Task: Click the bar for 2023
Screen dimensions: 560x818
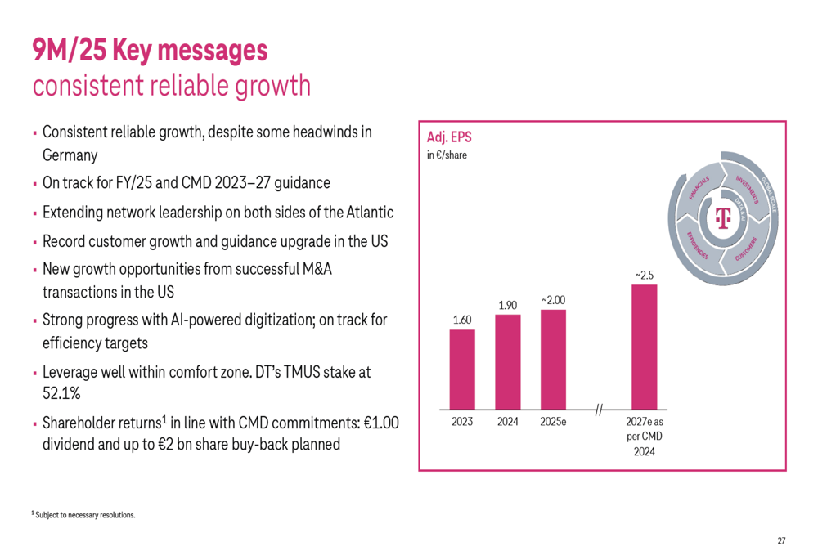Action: [x=462, y=369]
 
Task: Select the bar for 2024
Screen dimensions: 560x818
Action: [x=508, y=361]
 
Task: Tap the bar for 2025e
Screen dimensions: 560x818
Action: [x=553, y=359]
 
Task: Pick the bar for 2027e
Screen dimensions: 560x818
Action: [x=644, y=347]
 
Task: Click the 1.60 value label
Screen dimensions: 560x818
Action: [x=462, y=320]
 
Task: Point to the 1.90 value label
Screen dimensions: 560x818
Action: [x=508, y=305]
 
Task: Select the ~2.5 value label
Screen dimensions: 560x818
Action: [x=644, y=276]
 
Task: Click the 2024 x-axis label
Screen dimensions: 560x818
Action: [x=508, y=423]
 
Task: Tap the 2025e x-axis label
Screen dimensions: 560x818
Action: [x=553, y=423]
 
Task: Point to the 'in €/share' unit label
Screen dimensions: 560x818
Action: [x=447, y=154]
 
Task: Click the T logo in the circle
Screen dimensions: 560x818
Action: [x=721, y=218]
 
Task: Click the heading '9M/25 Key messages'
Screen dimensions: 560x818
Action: [x=150, y=51]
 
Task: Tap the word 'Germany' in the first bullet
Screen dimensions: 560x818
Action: [x=70, y=155]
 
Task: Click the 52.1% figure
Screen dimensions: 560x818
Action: [x=61, y=393]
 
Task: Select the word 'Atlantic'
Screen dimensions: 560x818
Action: [x=366, y=213]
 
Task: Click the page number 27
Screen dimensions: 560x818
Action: [x=781, y=541]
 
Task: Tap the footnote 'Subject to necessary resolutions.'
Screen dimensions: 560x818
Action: [x=85, y=515]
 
